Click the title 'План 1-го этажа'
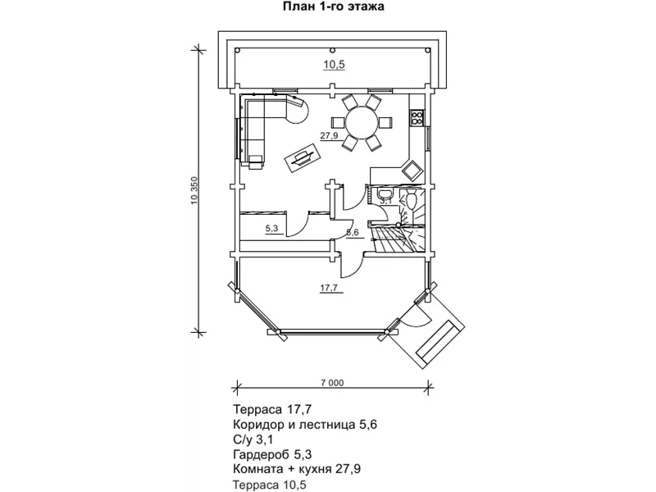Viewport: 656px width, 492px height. [x=334, y=7]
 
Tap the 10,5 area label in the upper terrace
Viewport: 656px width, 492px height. [x=334, y=65]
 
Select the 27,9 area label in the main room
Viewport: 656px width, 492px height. [x=330, y=135]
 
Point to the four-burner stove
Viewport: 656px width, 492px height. [x=417, y=117]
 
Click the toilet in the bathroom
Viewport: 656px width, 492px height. [x=411, y=199]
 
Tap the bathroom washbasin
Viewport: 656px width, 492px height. [x=384, y=193]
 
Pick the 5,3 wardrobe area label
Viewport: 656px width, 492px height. [x=271, y=229]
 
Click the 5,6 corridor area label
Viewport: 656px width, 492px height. [x=353, y=233]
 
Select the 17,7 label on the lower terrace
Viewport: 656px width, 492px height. [x=329, y=288]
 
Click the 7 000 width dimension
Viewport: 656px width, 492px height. [x=332, y=383]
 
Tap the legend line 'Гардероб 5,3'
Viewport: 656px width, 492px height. [x=272, y=454]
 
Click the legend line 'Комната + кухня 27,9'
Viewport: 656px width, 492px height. [x=297, y=468]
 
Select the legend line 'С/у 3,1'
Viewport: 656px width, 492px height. [x=253, y=440]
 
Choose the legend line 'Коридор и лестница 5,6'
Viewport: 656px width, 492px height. [x=305, y=425]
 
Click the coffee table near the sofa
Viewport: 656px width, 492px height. [x=303, y=157]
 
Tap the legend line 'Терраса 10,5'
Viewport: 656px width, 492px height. [x=270, y=485]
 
